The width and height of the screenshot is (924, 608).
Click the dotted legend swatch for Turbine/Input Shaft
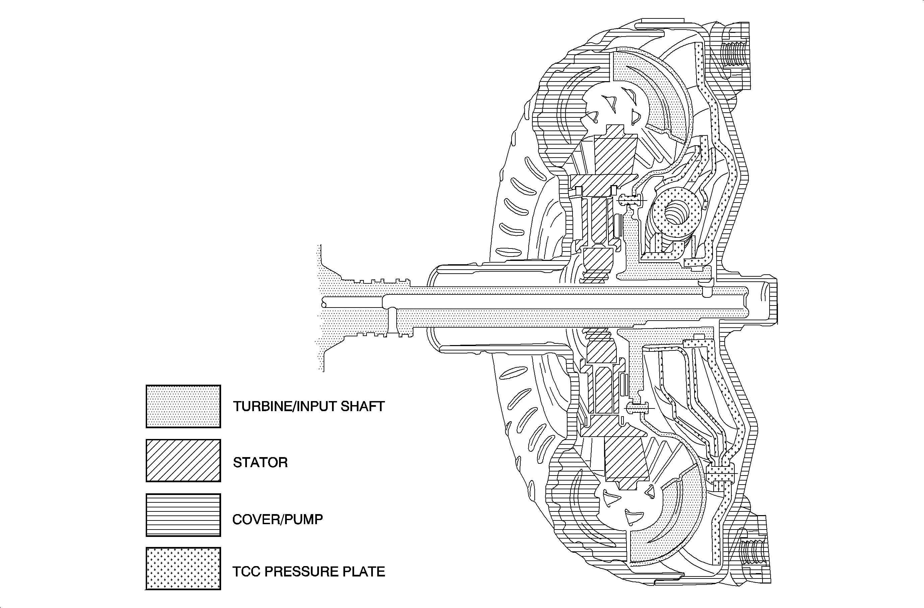pos(183,406)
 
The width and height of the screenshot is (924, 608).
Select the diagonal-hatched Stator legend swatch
pos(183,460)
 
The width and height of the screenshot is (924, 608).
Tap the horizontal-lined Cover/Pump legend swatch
pos(183,515)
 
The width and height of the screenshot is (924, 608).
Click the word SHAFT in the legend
pos(362,406)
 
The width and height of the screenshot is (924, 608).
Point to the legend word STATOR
pos(260,462)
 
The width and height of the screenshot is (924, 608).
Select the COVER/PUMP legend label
pos(277,519)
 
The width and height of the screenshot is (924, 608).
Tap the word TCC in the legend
pos(247,571)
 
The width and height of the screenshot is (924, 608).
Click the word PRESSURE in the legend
pos(301,571)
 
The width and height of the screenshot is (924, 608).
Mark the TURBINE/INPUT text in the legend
pos(285,406)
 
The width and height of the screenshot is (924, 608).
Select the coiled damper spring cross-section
pos(676,213)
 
